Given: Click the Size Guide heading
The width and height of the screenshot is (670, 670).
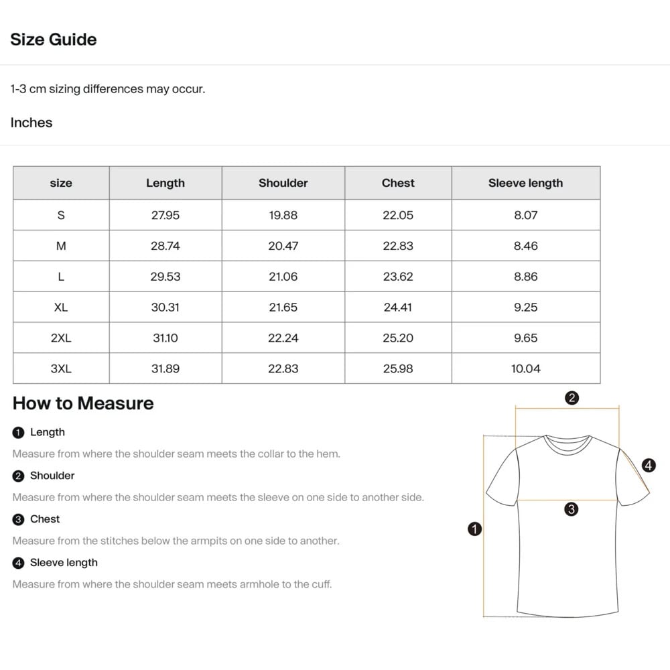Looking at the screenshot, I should (x=54, y=40).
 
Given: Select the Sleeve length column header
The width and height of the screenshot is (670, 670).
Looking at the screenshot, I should (x=525, y=183).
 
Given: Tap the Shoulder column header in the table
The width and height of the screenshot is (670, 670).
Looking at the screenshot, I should (x=283, y=183).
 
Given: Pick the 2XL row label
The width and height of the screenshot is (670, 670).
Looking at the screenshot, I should (x=61, y=338).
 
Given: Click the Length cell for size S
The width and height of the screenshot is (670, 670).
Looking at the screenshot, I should (x=165, y=215).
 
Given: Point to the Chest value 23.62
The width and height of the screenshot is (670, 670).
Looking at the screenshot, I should (x=398, y=277).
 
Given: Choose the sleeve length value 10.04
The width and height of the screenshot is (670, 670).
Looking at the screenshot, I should (x=525, y=368).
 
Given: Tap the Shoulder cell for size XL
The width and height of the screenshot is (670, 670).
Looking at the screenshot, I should (x=283, y=308).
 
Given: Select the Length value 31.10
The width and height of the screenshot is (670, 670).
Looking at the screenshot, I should (x=165, y=338).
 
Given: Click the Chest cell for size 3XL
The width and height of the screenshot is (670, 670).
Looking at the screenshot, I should (x=398, y=368).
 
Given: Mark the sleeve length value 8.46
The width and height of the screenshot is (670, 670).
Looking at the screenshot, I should (x=525, y=246).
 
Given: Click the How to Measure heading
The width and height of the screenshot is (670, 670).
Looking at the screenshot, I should (x=83, y=403).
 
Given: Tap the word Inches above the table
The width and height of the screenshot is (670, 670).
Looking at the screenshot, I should (x=31, y=123).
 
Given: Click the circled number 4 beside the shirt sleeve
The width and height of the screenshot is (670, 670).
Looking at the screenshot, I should (x=648, y=465).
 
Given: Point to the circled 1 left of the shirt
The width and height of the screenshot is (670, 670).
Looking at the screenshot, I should (x=474, y=529).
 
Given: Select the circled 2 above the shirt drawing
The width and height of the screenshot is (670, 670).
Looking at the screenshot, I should (x=572, y=398).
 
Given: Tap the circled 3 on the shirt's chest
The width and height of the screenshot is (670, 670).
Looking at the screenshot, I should (x=571, y=509).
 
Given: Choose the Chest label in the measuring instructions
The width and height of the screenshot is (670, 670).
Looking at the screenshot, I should (x=45, y=519).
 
